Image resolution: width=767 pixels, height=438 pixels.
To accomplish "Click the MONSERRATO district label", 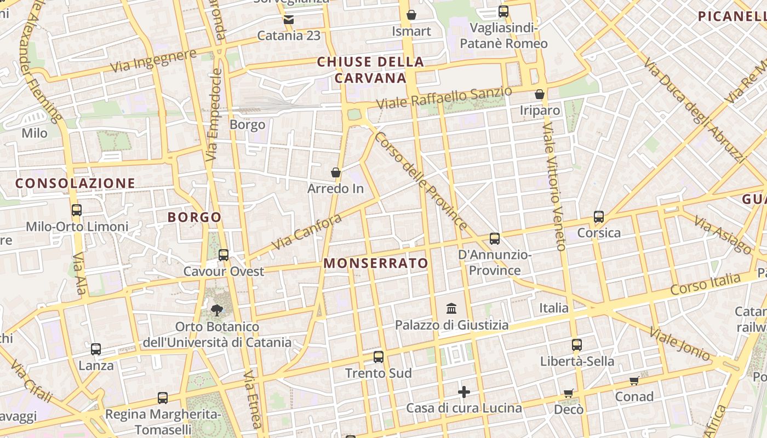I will point(376,263).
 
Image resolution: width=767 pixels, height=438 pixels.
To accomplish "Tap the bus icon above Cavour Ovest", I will point(223,255).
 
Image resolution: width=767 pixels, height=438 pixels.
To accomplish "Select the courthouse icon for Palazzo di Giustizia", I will point(452,308).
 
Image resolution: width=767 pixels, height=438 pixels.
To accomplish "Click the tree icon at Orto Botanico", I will point(217,310).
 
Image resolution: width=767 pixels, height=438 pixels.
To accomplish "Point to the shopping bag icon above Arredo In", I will point(336,173).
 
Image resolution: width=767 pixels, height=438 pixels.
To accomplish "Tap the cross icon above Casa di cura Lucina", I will point(464,392).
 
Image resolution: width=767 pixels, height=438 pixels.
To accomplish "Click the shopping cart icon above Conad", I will point(634,381).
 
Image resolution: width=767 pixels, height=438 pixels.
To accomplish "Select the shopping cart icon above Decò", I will point(568,393).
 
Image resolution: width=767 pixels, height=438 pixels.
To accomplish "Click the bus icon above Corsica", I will point(599,217).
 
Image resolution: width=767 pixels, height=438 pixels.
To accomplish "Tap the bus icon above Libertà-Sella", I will point(576,345).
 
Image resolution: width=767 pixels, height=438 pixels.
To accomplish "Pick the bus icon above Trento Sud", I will point(378,357).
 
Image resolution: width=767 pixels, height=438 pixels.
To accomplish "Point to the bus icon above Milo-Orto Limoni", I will point(77,210).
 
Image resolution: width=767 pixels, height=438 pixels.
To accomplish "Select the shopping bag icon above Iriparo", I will point(540,94).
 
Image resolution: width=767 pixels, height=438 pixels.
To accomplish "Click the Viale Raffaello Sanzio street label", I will point(444,98).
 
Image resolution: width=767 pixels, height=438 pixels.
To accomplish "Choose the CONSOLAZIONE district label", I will point(75,183).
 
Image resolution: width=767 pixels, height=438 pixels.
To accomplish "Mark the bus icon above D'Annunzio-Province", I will point(495,239).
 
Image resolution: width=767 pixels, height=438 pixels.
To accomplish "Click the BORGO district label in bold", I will point(194,217).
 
